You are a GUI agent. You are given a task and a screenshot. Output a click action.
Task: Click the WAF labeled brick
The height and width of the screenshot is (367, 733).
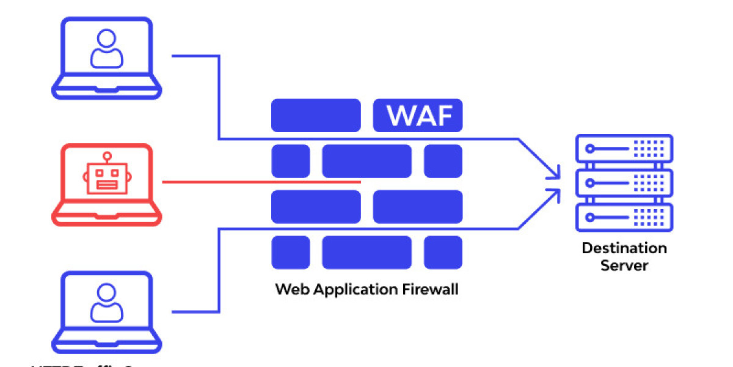418,115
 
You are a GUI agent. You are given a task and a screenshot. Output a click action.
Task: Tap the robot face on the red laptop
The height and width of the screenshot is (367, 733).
107,179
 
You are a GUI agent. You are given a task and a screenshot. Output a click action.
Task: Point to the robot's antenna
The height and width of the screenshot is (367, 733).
107,157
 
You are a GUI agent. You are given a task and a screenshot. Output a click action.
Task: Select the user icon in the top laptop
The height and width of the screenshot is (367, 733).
107,48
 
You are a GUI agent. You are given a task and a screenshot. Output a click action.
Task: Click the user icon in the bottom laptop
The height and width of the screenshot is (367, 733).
107,304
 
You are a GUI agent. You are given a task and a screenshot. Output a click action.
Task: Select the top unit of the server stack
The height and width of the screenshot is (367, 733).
624,149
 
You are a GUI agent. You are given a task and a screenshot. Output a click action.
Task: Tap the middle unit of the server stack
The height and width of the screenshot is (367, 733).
624,183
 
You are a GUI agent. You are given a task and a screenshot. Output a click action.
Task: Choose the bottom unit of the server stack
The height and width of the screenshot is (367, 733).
624,217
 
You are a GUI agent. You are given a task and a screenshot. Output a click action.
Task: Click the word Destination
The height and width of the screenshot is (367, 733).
624,248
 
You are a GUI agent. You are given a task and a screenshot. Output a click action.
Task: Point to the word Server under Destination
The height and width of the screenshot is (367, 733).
624,265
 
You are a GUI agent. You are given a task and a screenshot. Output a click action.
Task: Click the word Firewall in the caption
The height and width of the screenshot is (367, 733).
430,289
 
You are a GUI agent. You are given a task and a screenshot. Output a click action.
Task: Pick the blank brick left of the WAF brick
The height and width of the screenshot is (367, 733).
316,115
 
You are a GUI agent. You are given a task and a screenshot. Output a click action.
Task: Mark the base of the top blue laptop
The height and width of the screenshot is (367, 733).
107,91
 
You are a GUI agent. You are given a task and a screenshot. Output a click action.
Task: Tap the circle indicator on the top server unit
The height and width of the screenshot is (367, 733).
589,149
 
